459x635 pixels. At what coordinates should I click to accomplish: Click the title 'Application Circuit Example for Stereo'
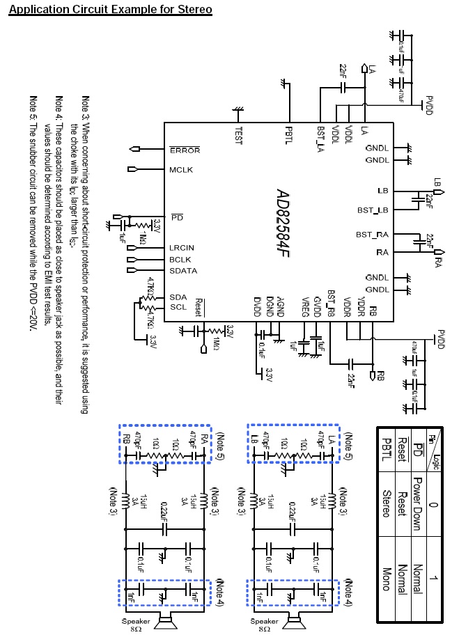pyautogui.click(x=111, y=10)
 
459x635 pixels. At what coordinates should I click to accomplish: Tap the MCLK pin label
pyautogui.click(x=180, y=170)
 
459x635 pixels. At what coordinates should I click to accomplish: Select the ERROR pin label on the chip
pyautogui.click(x=184, y=150)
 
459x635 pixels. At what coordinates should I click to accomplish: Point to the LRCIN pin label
pyautogui.click(x=181, y=248)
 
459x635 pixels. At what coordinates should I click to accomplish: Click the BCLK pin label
pyautogui.click(x=180, y=259)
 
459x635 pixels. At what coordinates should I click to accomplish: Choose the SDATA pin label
pyautogui.click(x=182, y=270)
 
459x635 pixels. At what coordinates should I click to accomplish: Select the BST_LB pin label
pyautogui.click(x=372, y=210)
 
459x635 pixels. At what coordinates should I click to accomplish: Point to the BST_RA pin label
pyautogui.click(x=372, y=235)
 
